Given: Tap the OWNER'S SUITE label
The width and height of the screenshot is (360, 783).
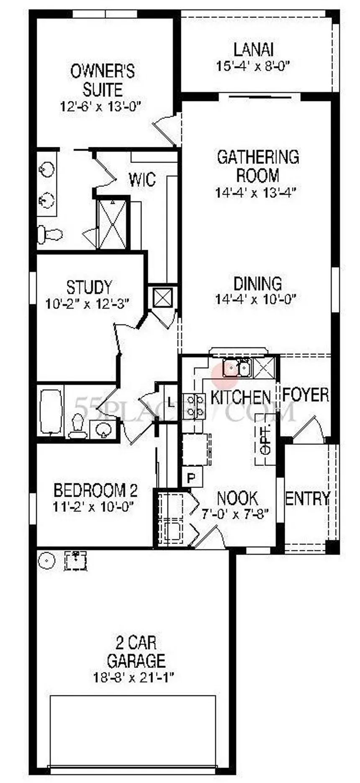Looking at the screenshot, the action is [x=102, y=80].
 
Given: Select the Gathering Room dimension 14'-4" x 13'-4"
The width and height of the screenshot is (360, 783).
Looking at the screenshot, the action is [x=256, y=193].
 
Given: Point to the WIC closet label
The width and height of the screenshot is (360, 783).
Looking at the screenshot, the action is [x=142, y=180].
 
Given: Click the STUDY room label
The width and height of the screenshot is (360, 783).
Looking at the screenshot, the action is [x=89, y=287].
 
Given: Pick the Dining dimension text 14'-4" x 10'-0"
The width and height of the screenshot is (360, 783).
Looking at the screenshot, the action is [x=256, y=299].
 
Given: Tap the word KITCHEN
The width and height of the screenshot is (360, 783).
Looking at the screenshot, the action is [x=240, y=397].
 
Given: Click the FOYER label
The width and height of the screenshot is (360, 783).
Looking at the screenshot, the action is [x=306, y=395].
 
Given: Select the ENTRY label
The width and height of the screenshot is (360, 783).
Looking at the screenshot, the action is [x=308, y=498].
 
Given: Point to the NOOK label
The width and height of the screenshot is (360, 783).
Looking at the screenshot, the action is [x=237, y=498].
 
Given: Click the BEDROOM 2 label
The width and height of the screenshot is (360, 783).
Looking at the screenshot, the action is [x=96, y=489].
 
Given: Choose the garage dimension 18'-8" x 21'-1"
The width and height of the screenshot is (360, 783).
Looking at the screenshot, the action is [x=134, y=677].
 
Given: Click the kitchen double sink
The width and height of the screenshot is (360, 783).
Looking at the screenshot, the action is [x=237, y=368].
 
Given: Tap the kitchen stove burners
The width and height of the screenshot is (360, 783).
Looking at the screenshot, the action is [x=194, y=406].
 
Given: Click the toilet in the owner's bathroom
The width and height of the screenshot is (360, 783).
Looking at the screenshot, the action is [x=50, y=234].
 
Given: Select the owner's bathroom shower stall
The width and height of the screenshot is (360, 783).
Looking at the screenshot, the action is [x=112, y=224].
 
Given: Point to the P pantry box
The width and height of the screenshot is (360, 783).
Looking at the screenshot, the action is [x=192, y=477].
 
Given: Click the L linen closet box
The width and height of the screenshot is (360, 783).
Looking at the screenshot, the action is [x=170, y=403].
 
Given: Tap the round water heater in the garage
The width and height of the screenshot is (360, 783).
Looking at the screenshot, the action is [x=46, y=561].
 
